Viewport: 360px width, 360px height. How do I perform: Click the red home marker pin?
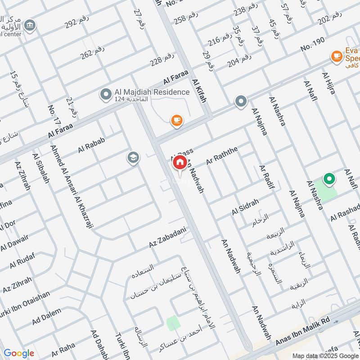coord(180,163)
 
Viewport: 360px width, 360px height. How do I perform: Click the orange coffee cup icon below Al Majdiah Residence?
coord(177,120)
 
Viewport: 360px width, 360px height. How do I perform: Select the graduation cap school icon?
coord(133,158)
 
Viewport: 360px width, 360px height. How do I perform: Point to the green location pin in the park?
coord(329,180)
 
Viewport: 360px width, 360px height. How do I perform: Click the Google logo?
coord(19,353)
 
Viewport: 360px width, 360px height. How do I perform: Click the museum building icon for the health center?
coord(30,24)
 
